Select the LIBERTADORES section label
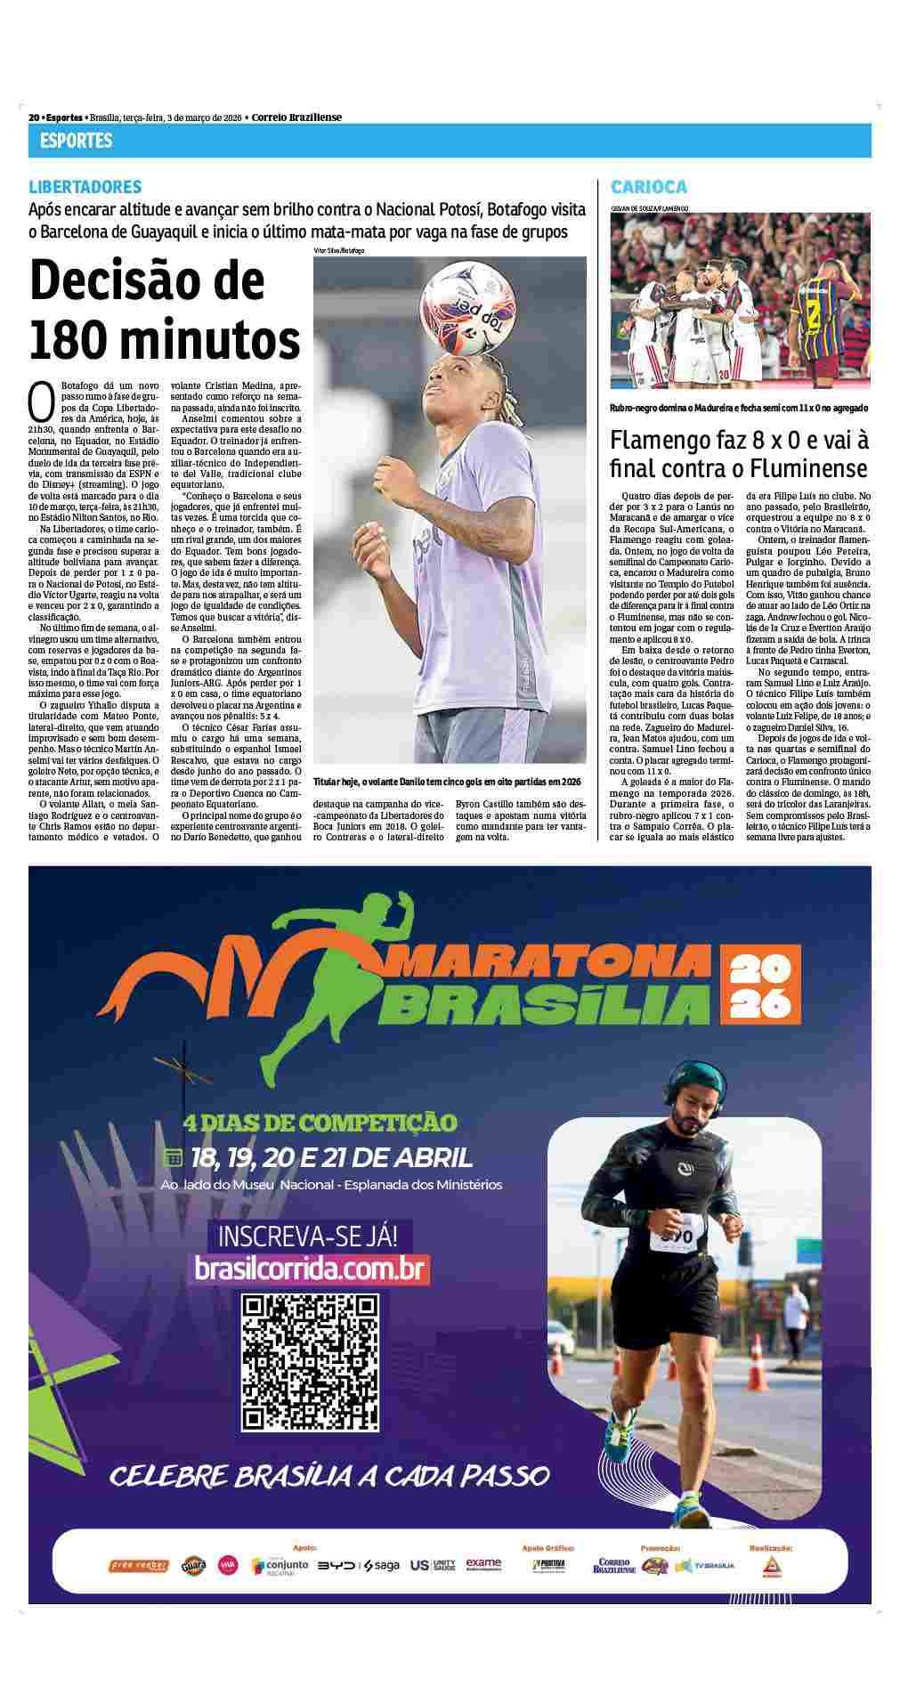(x=85, y=187)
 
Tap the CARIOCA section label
(x=648, y=187)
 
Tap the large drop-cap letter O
(x=42, y=401)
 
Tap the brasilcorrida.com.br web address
(x=312, y=1268)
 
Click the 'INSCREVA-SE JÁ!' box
(x=310, y=1236)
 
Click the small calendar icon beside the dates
(x=172, y=1158)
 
